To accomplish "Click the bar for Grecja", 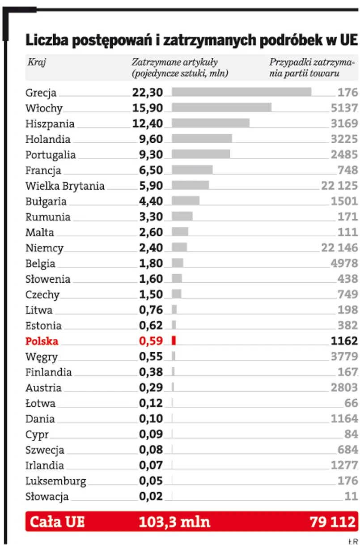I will tap(241, 92).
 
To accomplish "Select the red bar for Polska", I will tap(174, 341).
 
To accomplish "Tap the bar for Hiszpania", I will tap(210, 123).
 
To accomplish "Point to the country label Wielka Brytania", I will tap(65, 185).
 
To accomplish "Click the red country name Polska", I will tap(42, 341).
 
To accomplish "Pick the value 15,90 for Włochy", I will tap(151, 107).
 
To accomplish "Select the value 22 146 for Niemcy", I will tap(339, 247).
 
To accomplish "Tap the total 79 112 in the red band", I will tap(333, 522).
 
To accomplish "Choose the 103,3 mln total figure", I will tap(174, 522).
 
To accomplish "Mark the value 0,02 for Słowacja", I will tap(151, 496).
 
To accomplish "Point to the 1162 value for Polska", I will tap(344, 341).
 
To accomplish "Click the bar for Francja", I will tap(192, 170).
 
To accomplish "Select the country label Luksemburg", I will tap(55, 481).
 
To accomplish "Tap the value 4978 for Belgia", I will tap(344, 263).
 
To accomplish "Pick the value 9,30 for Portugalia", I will tap(151, 154).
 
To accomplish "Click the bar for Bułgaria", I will tap(185, 200).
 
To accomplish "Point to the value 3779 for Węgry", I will tap(344, 356).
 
